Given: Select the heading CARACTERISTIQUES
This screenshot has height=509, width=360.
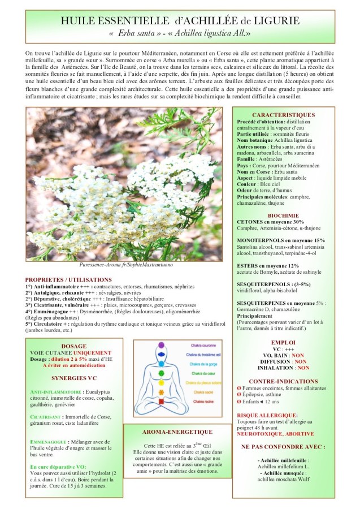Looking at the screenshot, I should [x=284, y=115].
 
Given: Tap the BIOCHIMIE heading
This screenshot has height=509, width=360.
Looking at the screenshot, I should [x=284, y=215].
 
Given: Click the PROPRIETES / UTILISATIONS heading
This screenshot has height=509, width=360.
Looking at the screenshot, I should [x=68, y=280].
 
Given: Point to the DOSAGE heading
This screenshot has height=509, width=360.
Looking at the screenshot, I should [x=73, y=346].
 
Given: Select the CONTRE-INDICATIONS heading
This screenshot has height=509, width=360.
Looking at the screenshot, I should [x=284, y=382].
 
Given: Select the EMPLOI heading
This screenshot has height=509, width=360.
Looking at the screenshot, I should [x=284, y=343].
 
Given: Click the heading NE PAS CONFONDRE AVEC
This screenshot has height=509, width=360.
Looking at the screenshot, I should [x=284, y=446].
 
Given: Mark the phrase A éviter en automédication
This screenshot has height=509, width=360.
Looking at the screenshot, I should [x=73, y=365].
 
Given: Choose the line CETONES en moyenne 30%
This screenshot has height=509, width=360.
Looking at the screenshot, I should [x=270, y=222].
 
